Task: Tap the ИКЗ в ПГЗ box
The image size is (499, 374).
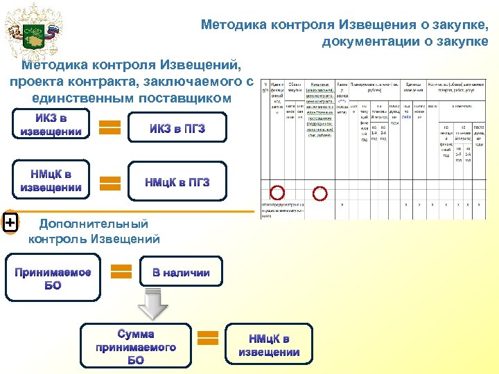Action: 177,128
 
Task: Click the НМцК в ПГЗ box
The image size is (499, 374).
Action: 177,182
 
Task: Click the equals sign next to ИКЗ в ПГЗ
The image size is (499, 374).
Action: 110,127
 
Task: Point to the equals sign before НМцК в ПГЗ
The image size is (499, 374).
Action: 110,183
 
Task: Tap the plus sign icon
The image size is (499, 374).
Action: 10,222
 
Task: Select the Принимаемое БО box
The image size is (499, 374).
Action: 53,278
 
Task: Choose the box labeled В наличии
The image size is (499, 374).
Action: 181,272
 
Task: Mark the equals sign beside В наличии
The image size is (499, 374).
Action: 122,271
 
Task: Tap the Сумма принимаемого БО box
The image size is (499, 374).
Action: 136,346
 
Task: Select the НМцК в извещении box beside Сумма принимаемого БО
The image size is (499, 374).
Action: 269,345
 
